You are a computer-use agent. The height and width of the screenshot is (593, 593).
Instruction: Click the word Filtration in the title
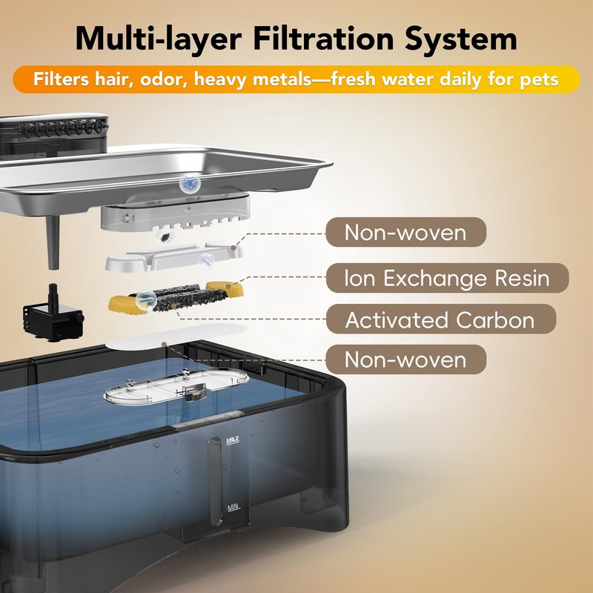(324, 39)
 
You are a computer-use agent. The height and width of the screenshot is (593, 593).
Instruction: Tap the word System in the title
(461, 40)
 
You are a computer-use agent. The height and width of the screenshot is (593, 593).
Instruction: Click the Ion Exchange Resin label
(447, 278)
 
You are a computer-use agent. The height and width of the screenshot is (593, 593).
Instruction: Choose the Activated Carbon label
(440, 319)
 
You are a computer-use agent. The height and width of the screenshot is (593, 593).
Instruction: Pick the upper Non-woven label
(405, 232)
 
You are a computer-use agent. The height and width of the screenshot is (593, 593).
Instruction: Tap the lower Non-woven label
(405, 360)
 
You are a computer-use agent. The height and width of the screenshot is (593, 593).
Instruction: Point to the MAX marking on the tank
(233, 441)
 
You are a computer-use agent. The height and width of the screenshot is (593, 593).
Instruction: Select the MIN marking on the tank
(233, 508)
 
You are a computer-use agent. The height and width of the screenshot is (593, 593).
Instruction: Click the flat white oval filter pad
(176, 337)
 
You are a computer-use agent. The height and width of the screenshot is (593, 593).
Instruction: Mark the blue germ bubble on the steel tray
(190, 183)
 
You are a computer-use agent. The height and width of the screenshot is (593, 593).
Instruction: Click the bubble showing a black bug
(165, 237)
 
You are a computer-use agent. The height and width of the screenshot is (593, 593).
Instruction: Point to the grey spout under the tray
(53, 242)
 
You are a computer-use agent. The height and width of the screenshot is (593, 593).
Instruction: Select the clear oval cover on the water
(176, 385)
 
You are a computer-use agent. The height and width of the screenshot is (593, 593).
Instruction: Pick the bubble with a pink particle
(207, 261)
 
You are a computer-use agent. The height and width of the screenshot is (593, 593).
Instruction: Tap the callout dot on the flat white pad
(164, 344)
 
